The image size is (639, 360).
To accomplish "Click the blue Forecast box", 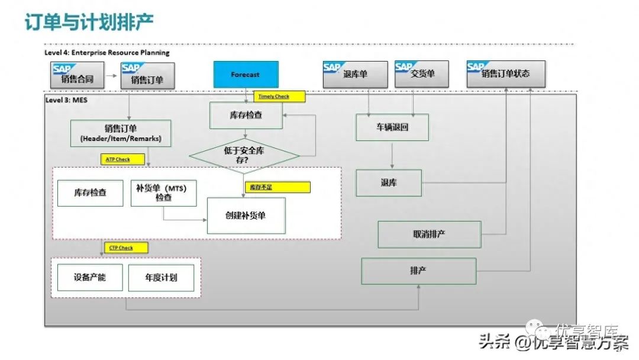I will click(245, 75).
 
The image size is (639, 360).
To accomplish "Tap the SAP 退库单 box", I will click(355, 75).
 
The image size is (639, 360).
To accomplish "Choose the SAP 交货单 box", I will click(422, 75).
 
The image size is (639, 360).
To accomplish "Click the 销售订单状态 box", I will click(506, 75).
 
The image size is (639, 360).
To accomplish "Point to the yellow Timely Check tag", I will click(280, 97).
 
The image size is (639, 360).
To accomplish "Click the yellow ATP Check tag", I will click(122, 159).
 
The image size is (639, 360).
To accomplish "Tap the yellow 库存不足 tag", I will click(277, 187).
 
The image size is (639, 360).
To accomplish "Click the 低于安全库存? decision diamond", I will click(244, 155).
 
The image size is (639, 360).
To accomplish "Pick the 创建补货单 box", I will click(246, 216).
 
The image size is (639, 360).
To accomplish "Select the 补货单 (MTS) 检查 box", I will click(163, 193).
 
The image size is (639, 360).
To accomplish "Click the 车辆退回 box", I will click(392, 127).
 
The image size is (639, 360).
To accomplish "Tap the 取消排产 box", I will click(429, 234).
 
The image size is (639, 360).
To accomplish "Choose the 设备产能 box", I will click(90, 277).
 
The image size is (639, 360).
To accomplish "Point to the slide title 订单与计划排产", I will click(89, 22).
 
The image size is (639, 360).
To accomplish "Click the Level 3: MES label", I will click(67, 100).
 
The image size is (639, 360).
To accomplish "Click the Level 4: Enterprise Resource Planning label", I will click(107, 53).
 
